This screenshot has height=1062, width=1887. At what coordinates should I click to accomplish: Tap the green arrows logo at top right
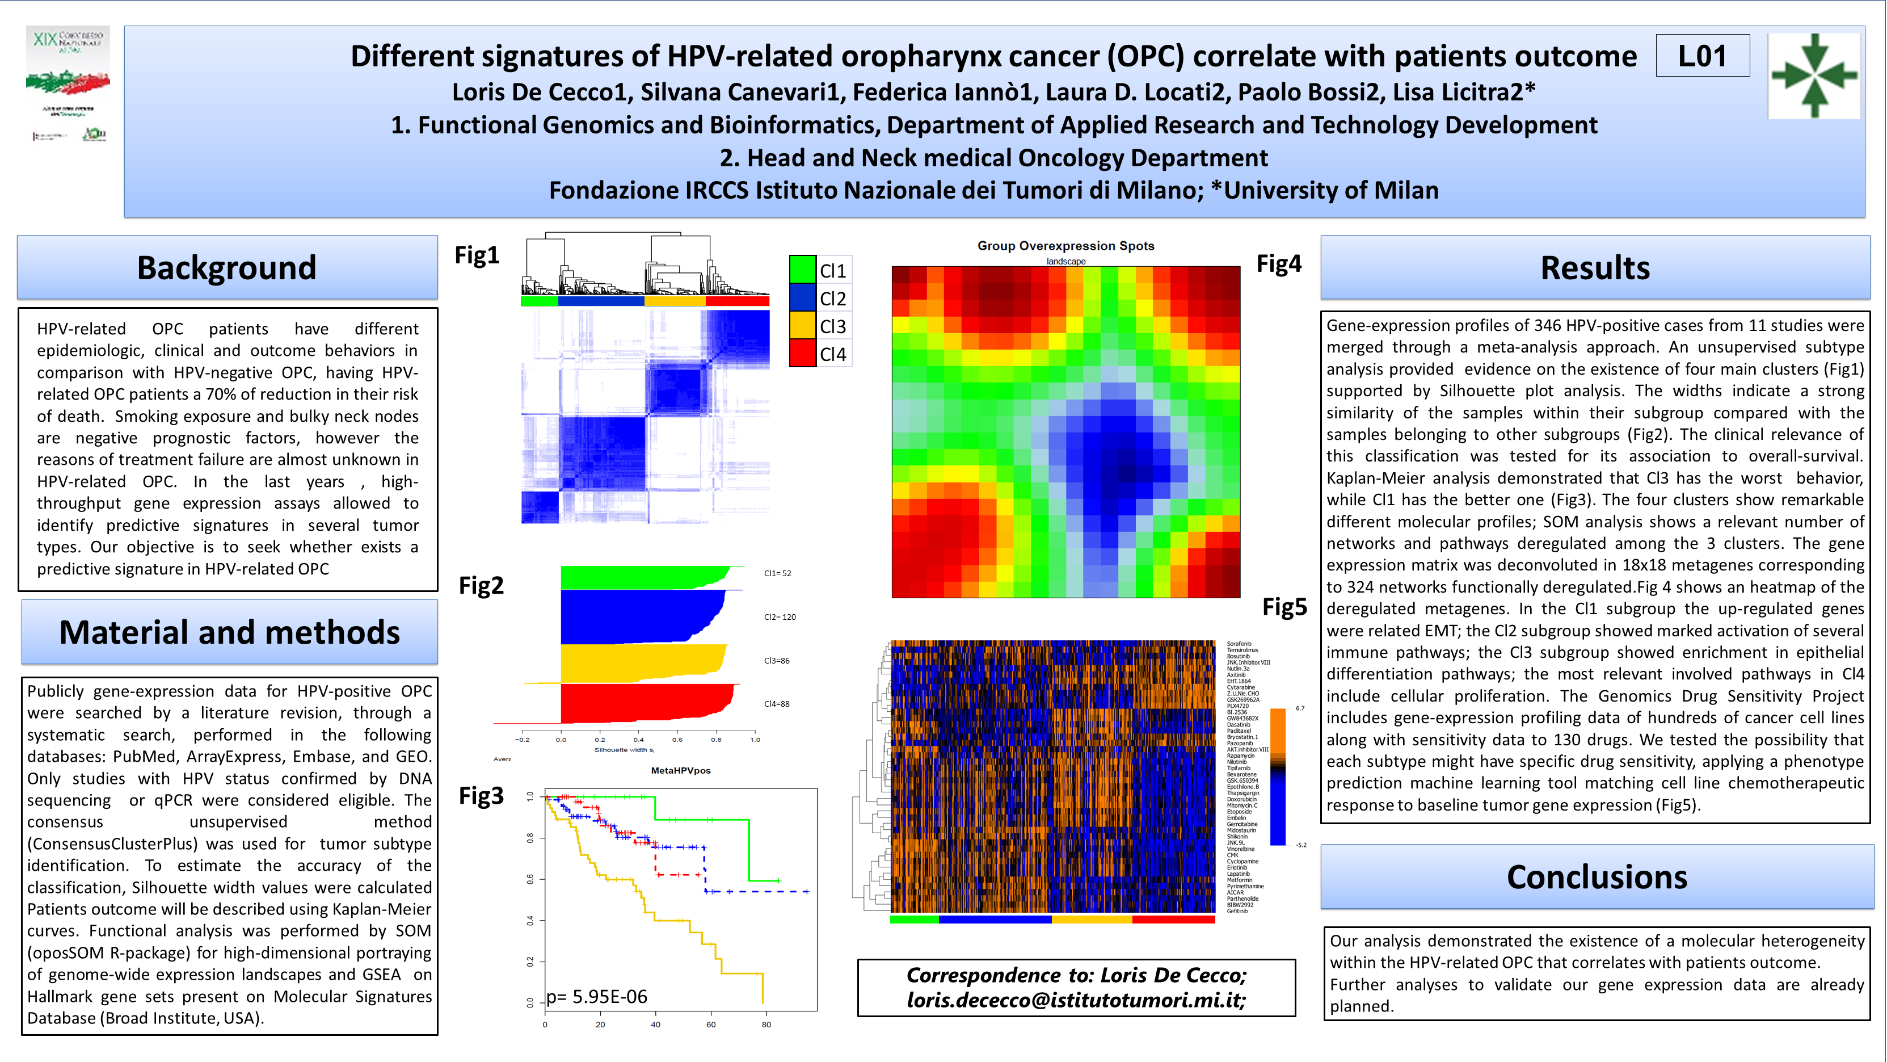(x=1814, y=75)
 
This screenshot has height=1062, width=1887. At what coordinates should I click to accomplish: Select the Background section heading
(x=227, y=267)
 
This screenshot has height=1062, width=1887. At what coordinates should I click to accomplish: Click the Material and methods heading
(x=229, y=632)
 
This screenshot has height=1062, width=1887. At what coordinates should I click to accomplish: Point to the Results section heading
(x=1595, y=267)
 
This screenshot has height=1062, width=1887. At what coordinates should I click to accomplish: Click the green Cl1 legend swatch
(x=802, y=270)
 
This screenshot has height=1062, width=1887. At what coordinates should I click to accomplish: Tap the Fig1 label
(x=477, y=255)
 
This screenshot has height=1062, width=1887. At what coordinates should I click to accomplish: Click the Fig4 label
(x=1278, y=263)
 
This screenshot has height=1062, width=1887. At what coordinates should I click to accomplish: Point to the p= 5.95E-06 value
(x=597, y=996)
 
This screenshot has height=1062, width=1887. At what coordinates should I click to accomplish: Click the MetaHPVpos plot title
(x=680, y=770)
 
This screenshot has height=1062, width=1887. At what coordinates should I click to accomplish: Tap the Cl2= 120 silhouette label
(x=780, y=617)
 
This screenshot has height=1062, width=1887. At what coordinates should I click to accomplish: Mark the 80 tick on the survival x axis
(x=766, y=1025)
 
